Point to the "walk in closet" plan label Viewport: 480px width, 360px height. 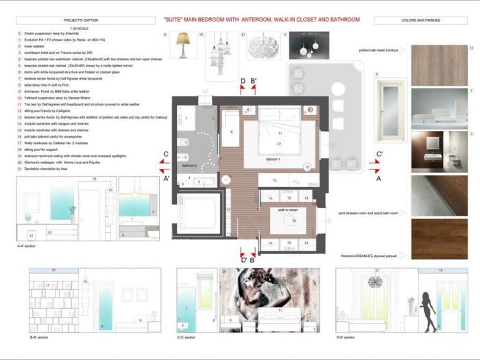pos(287,211)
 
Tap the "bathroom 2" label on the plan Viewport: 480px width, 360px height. pos(189,166)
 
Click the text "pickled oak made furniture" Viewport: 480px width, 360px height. pos(381,50)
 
